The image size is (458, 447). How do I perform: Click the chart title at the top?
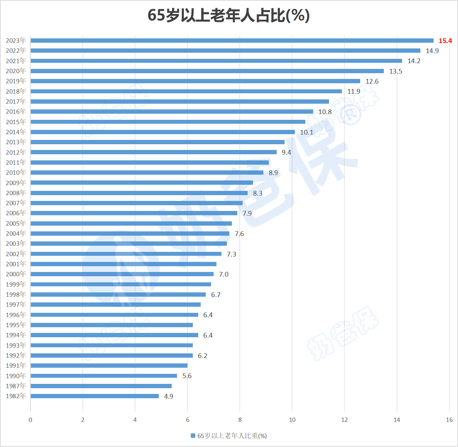point(229,15)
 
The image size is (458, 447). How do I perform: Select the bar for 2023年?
point(232,41)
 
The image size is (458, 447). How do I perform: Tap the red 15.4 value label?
point(445,41)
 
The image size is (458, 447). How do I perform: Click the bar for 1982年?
point(95,396)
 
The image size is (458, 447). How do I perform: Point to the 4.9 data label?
point(168,396)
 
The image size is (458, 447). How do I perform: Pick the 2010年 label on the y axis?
point(16,173)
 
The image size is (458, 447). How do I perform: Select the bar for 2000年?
point(122,274)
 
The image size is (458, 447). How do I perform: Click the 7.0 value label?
point(224,274)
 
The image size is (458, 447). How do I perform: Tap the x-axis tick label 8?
point(240,420)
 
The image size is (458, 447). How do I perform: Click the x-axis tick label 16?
point(449,420)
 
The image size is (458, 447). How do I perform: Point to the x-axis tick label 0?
point(30,420)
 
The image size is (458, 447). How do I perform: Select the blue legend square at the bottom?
point(193,436)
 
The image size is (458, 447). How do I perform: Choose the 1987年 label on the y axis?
point(16,386)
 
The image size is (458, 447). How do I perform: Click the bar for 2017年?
point(180,102)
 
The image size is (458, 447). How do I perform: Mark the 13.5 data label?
point(396,71)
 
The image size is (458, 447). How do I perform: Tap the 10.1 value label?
point(306,132)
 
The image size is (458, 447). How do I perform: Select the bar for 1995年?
point(111,325)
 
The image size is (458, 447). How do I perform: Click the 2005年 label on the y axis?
point(16,223)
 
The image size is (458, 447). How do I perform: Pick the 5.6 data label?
point(187,376)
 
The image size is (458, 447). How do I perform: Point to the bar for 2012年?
point(153,152)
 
